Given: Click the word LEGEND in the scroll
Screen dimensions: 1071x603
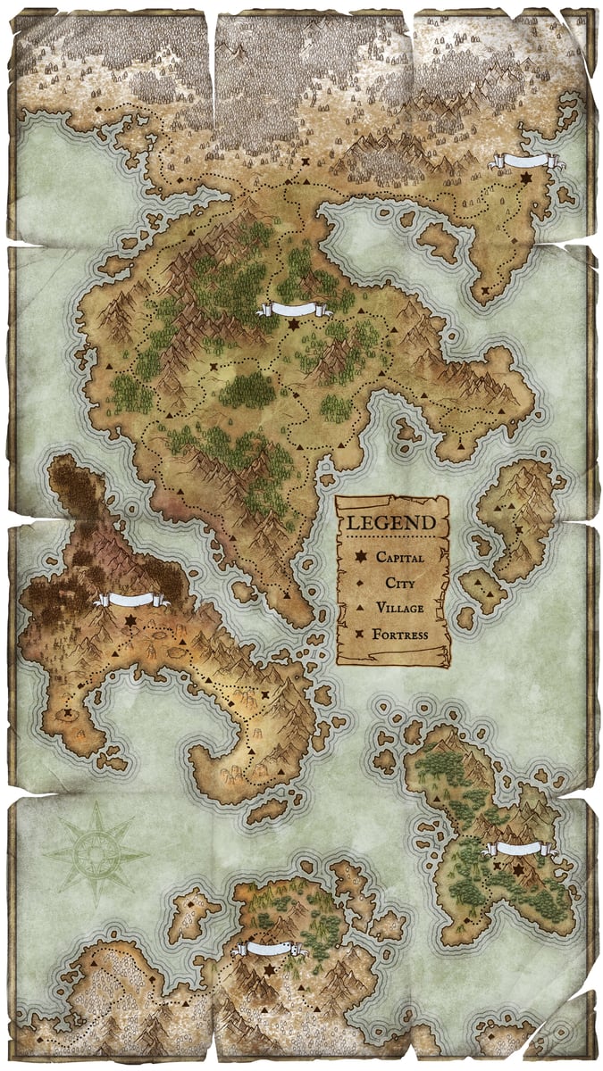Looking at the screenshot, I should pyautogui.click(x=392, y=522).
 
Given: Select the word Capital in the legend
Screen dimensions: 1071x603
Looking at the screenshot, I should pyautogui.click(x=399, y=557).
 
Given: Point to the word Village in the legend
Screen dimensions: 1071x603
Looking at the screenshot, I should pyautogui.click(x=399, y=608).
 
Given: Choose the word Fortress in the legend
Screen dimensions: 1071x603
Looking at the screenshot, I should pyautogui.click(x=401, y=635).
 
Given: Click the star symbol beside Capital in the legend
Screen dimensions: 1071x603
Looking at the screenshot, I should pyautogui.click(x=360, y=557).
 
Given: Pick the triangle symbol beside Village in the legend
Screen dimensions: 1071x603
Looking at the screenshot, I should pyautogui.click(x=360, y=608).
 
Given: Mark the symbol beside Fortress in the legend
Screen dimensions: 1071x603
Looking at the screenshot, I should pyautogui.click(x=360, y=635).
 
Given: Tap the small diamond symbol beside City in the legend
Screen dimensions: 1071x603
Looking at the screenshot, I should pyautogui.click(x=360, y=583).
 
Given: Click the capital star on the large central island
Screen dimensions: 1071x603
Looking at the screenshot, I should pyautogui.click(x=295, y=327).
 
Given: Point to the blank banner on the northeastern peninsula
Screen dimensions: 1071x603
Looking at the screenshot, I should pyautogui.click(x=524, y=161).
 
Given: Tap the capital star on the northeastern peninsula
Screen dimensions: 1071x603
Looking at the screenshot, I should pyautogui.click(x=526, y=178).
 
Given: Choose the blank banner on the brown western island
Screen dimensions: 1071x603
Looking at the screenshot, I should pyautogui.click(x=130, y=600).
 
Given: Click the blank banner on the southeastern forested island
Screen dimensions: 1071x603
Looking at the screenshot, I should pyautogui.click(x=519, y=849).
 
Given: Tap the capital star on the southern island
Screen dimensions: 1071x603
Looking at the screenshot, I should pyautogui.click(x=270, y=968).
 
